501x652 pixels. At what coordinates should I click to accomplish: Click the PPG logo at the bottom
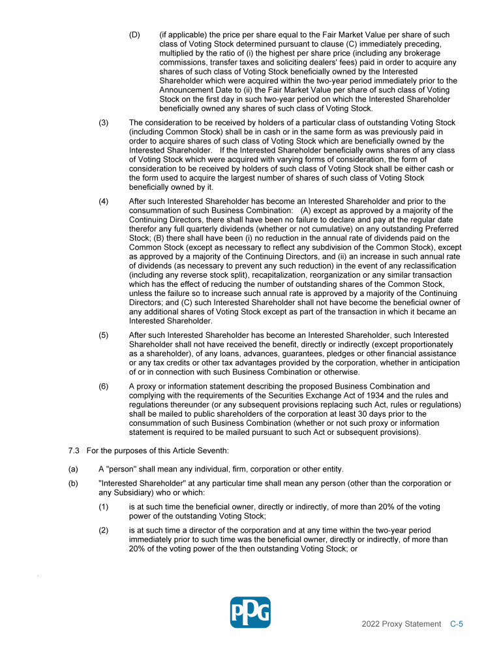(250, 612)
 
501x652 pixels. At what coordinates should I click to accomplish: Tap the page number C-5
(457, 624)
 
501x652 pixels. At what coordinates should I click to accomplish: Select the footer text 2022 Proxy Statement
(401, 624)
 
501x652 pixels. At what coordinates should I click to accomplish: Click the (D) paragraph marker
(134, 35)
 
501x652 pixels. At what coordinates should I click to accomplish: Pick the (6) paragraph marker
(104, 386)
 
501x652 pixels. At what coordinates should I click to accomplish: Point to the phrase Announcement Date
(193, 90)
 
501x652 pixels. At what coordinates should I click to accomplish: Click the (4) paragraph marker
(104, 201)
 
